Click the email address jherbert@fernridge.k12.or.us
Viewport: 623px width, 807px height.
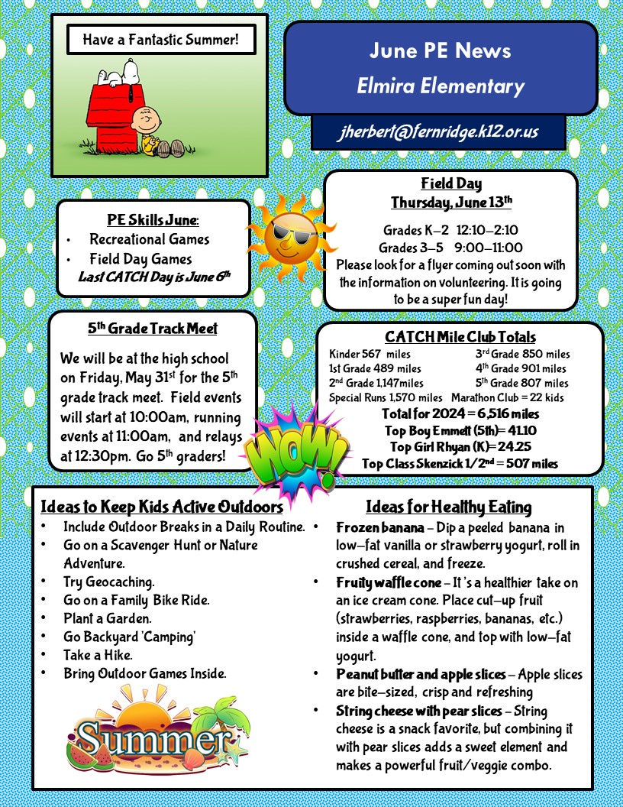(x=438, y=131)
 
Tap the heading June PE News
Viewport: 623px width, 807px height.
(x=440, y=51)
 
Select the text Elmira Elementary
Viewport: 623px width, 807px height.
(x=441, y=86)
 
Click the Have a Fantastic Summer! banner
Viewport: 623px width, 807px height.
(x=160, y=39)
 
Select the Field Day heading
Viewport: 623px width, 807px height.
(x=451, y=183)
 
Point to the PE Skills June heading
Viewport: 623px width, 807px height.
(x=153, y=220)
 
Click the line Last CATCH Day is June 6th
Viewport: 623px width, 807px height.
(x=154, y=276)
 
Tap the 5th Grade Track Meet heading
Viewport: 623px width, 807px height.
(x=152, y=329)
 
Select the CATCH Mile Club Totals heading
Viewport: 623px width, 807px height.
(x=460, y=337)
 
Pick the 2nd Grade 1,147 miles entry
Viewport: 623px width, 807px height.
(x=376, y=383)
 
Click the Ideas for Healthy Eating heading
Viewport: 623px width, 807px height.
(x=448, y=507)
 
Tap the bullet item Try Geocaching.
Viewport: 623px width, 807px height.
(x=108, y=582)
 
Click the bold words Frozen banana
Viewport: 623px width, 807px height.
(x=379, y=528)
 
